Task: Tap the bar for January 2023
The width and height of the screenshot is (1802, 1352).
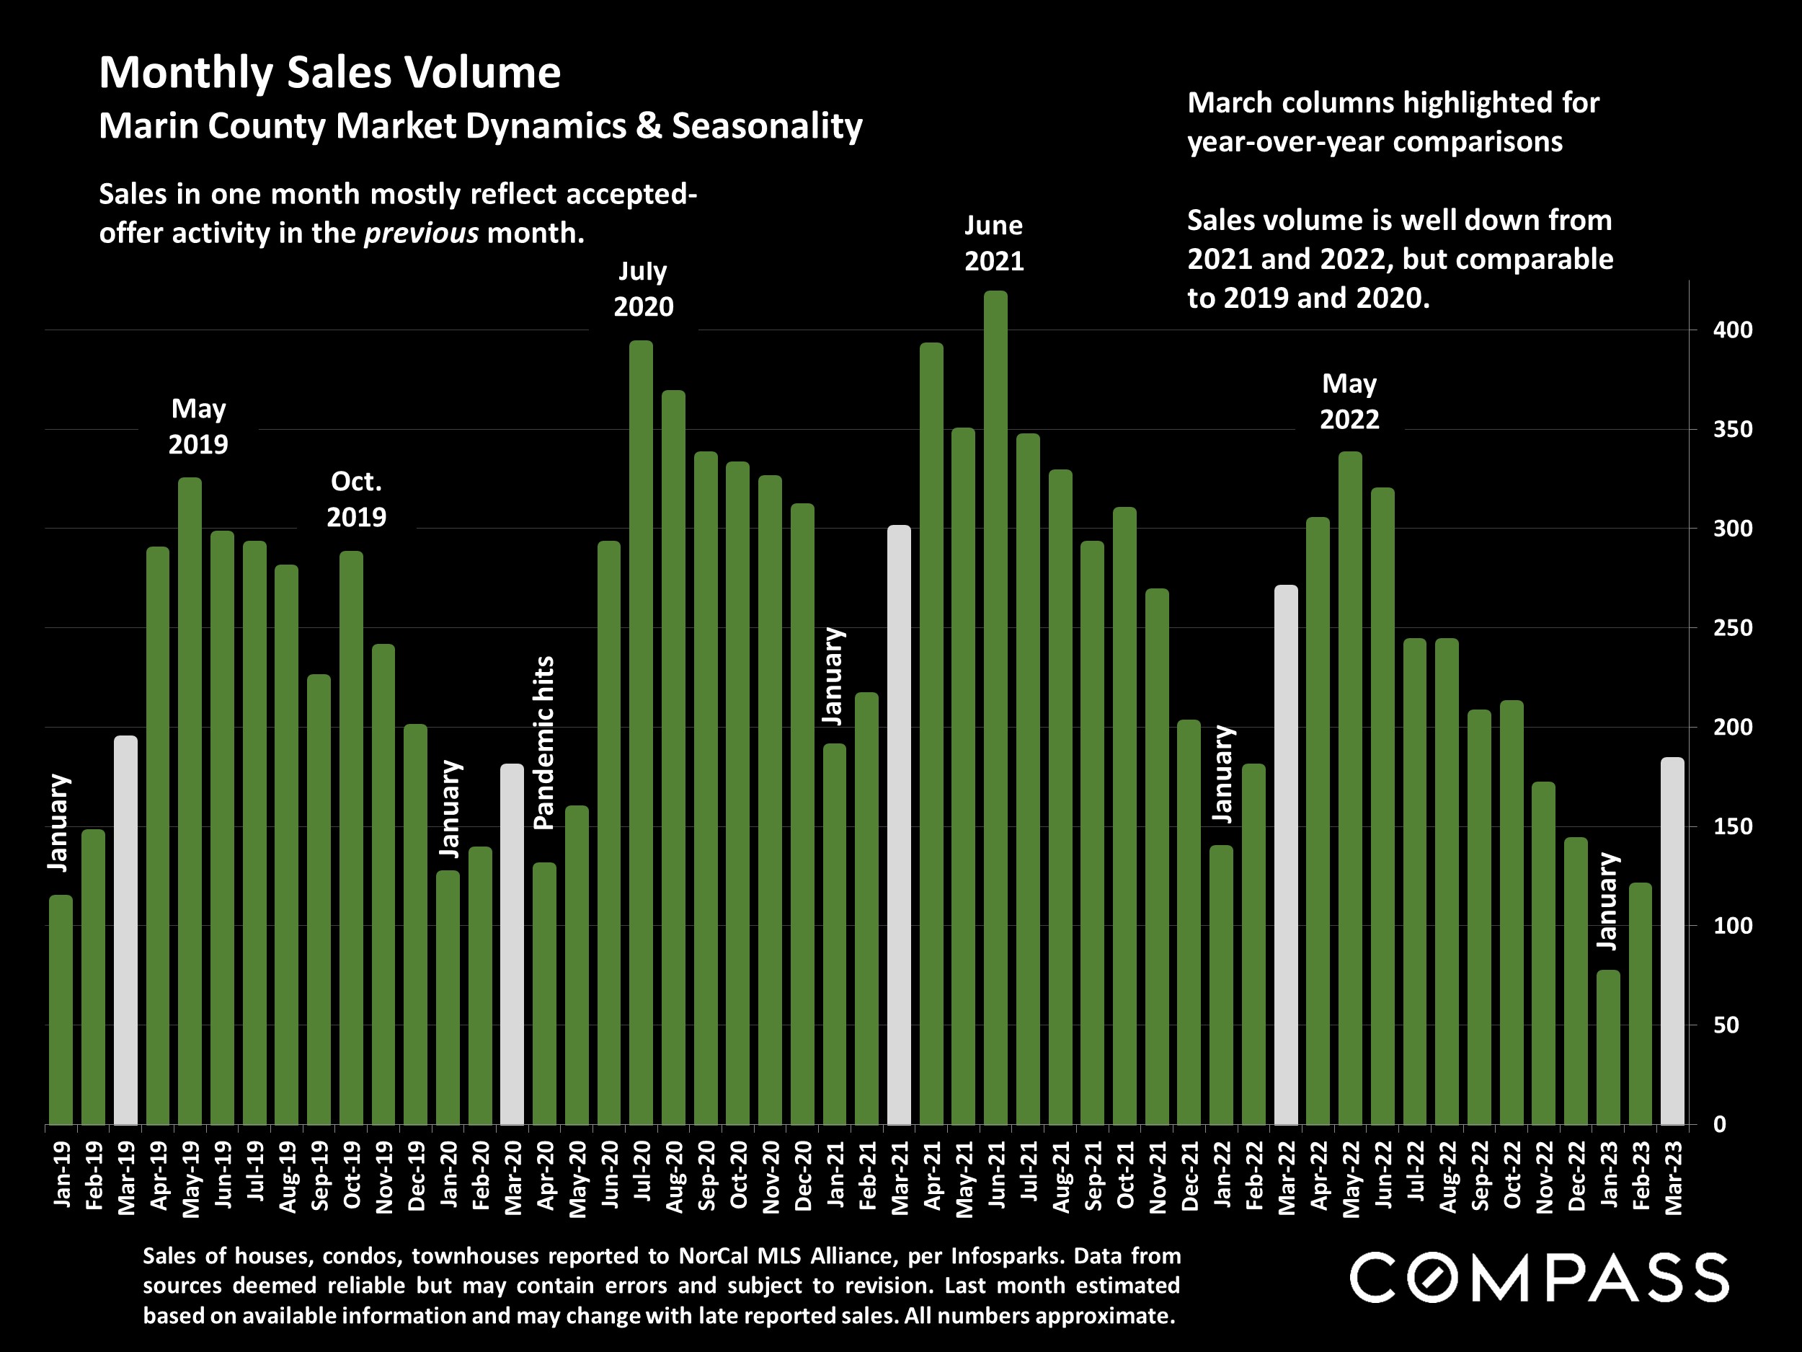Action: [x=1608, y=1047]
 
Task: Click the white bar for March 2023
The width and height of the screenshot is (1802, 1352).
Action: [x=1672, y=940]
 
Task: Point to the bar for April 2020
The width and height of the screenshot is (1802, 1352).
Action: [x=544, y=994]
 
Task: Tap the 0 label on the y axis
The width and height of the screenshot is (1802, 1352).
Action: [x=1720, y=1125]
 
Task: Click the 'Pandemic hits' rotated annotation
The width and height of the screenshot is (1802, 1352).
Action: [x=543, y=743]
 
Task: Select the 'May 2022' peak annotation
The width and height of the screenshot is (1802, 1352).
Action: [x=1349, y=401]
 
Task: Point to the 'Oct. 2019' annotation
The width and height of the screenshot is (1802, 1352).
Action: [x=356, y=499]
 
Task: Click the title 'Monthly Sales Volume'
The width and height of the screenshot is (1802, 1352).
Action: [x=330, y=73]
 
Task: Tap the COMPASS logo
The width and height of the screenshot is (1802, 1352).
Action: [x=1539, y=1278]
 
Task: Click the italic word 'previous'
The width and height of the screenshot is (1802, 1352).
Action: [x=421, y=233]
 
